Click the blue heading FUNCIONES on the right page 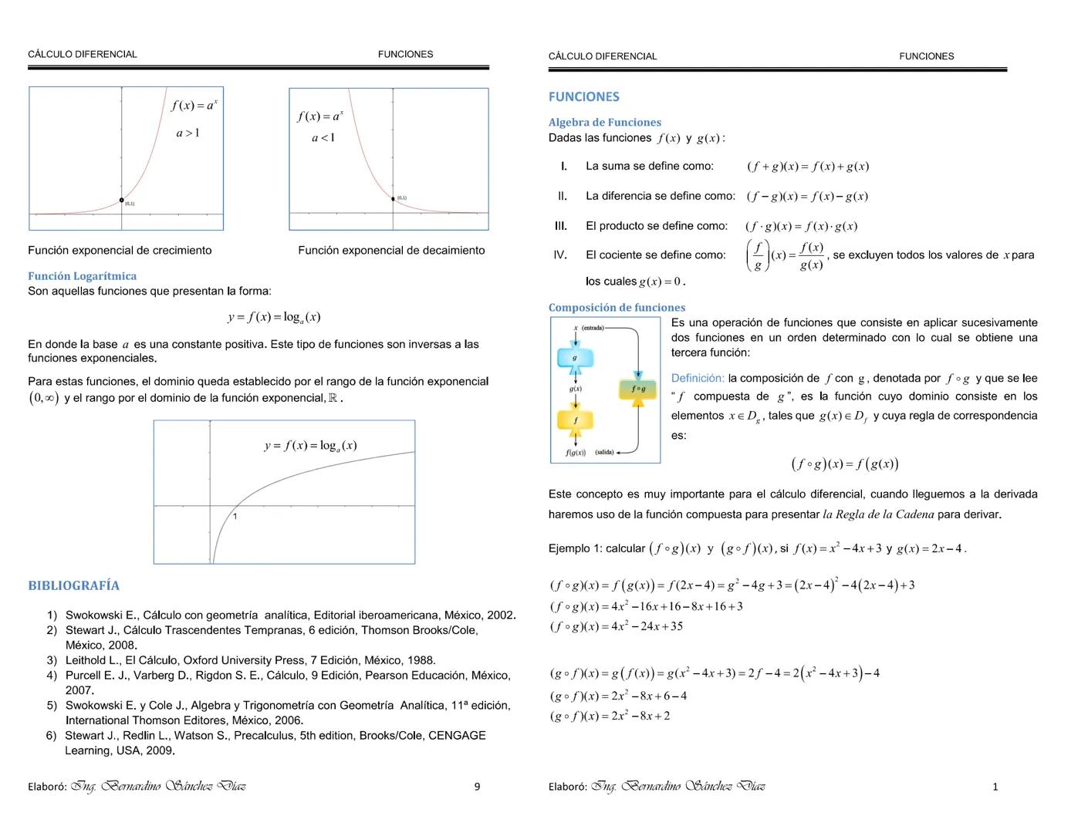(583, 97)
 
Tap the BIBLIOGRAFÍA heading (73, 585)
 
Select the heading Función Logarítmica (82, 276)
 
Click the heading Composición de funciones (617, 308)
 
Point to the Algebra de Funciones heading (604, 123)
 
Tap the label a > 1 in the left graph (188, 133)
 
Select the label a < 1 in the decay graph (323, 138)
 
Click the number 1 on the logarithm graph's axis (235, 516)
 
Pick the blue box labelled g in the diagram (574, 358)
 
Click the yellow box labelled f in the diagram (575, 420)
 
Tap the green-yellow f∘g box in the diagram (638, 390)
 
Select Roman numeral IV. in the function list (560, 255)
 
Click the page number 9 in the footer (477, 787)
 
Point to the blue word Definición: (698, 379)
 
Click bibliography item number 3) (52, 660)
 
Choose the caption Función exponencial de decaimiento (391, 251)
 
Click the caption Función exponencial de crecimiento (120, 251)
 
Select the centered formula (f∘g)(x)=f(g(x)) (845, 464)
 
